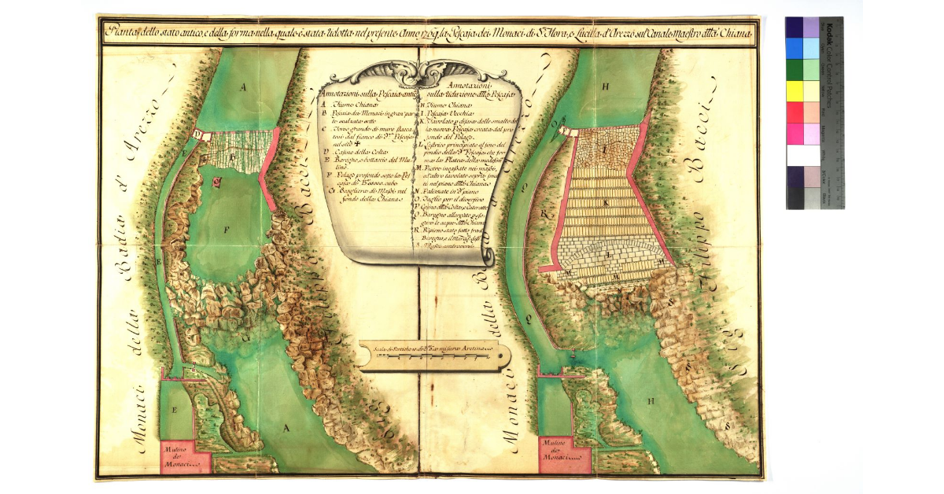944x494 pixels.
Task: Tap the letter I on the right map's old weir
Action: click(606, 148)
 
